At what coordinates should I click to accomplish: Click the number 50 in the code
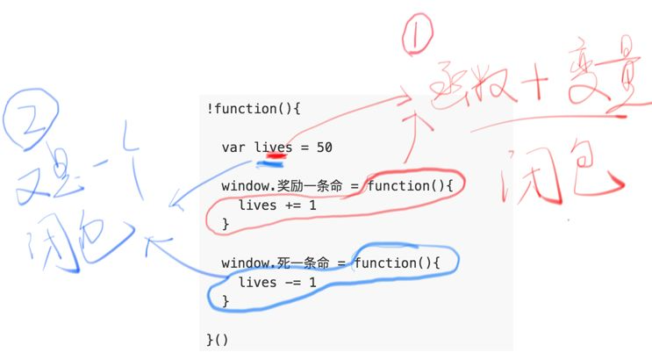point(324,148)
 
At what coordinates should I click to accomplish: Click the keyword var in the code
point(233,148)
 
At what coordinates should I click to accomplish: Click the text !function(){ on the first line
point(254,109)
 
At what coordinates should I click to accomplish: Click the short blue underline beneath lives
point(270,163)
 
